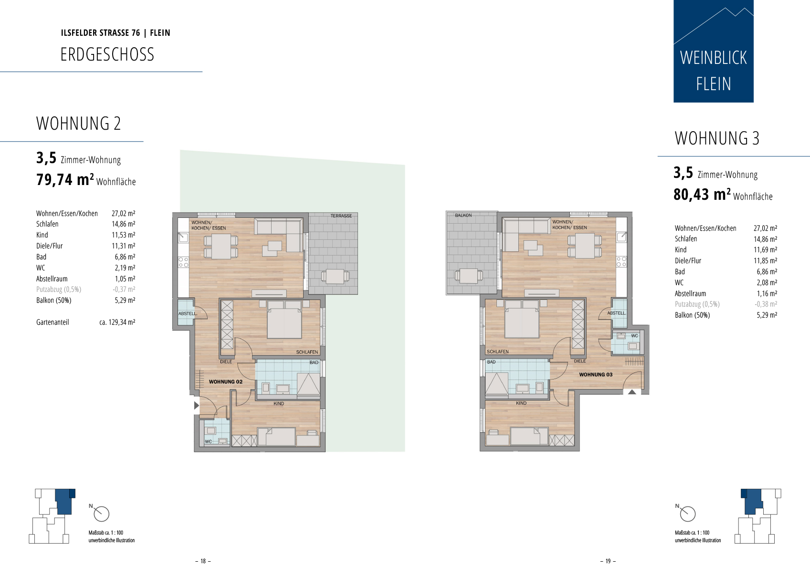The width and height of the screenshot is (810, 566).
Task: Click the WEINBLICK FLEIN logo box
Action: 714,51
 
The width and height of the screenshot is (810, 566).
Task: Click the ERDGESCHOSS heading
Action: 107,54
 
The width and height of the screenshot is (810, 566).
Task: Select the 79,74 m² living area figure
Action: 65,179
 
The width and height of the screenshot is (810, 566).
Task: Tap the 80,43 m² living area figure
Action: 702,195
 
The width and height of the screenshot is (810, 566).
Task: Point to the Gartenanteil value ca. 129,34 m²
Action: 117,322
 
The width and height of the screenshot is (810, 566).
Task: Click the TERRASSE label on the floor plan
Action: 341,216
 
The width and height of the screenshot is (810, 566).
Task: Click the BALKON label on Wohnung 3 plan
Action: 463,215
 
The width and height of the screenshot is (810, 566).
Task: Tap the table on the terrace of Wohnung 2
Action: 335,277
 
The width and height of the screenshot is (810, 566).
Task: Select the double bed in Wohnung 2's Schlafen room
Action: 284,320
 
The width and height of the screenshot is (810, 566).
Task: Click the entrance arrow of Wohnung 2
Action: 196,405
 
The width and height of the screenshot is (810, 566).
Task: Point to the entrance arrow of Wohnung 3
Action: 632,392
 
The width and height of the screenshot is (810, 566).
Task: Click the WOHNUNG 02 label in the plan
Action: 226,382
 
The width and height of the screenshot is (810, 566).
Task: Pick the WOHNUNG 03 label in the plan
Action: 596,375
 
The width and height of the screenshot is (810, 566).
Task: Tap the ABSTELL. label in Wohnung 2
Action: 188,314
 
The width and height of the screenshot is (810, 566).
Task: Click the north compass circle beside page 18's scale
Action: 102,514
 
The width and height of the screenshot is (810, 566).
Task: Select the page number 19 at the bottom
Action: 608,561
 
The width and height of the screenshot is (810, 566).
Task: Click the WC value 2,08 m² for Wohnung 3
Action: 767,282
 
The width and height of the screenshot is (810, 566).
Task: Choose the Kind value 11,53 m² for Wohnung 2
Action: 123,235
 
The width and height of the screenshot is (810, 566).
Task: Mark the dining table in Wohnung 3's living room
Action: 585,246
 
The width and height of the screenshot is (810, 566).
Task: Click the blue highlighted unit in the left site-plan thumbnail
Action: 64,501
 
